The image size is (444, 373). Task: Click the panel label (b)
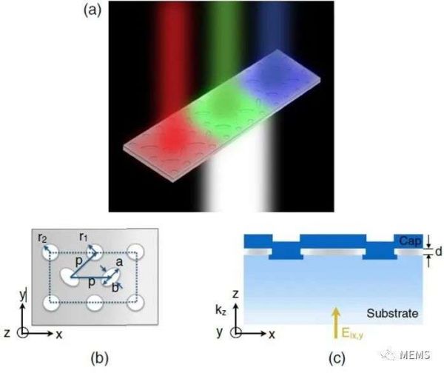[100, 359]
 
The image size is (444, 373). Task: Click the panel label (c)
[336, 359]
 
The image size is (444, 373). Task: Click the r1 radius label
[85, 238]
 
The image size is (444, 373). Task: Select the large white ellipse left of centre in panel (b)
[70, 276]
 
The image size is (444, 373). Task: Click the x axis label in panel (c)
[272, 334]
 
